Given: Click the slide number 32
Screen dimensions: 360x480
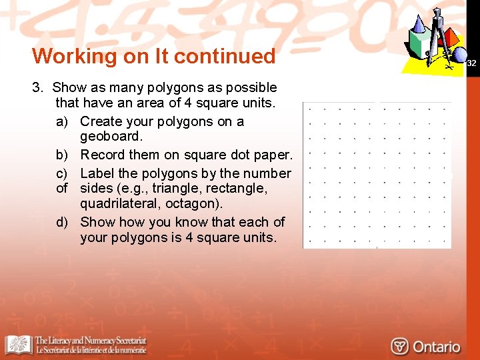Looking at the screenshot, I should point(471,63).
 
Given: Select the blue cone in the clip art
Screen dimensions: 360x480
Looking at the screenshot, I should point(419,25).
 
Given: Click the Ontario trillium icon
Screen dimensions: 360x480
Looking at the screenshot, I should point(400,347).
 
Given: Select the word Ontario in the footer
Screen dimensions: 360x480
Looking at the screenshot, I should point(436,347).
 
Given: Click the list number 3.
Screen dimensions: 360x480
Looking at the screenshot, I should point(37,87).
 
